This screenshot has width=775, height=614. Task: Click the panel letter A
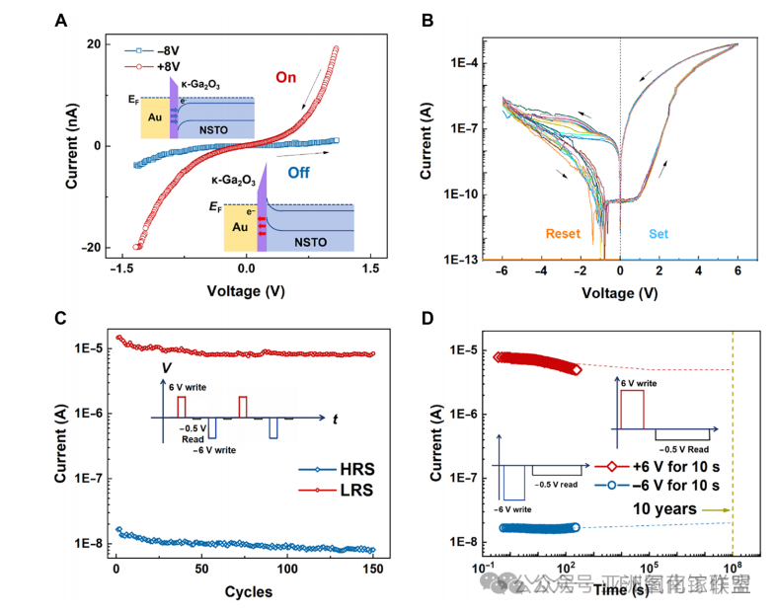pos(61,18)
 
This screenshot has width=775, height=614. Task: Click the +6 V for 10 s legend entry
pos(659,466)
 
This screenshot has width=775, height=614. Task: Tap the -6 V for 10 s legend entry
pos(659,486)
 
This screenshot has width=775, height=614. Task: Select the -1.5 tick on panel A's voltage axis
pos(122,268)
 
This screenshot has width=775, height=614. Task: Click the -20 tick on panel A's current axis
pos(95,248)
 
